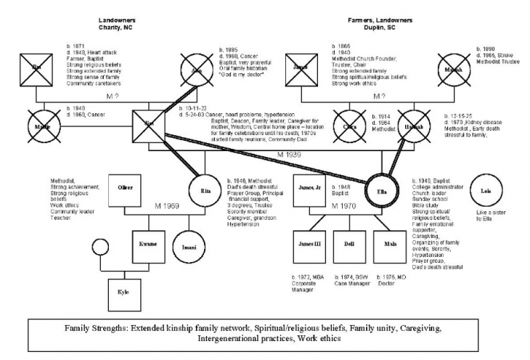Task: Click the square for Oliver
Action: [x=126, y=188]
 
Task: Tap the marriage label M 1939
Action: [x=289, y=155]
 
